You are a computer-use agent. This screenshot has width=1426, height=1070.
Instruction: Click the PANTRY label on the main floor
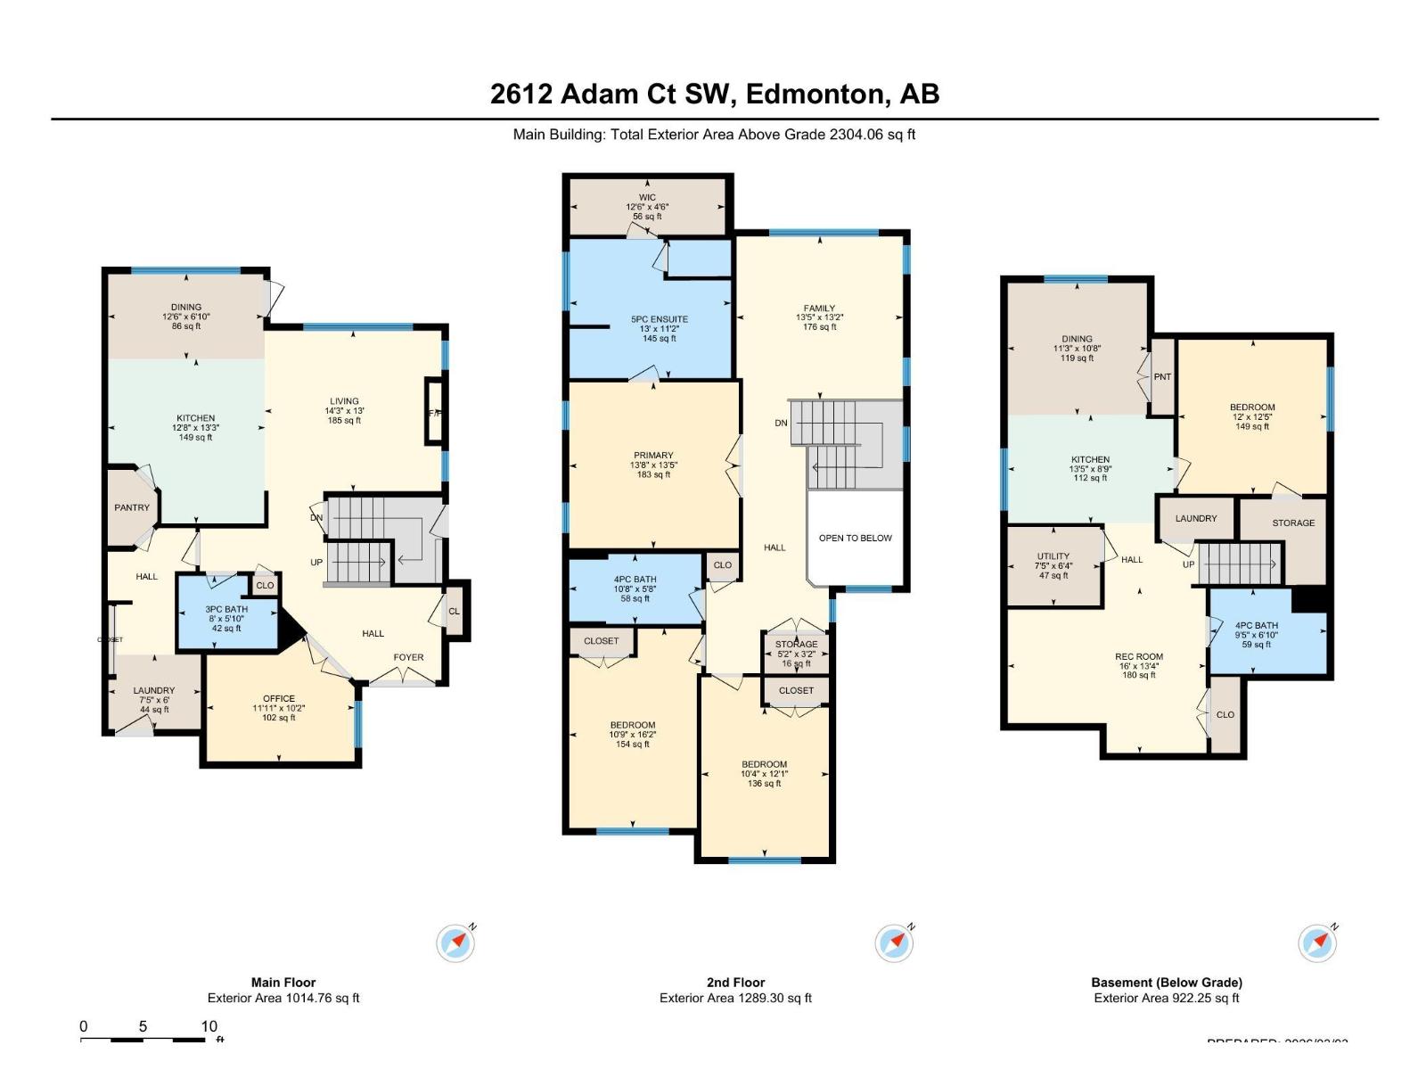point(132,507)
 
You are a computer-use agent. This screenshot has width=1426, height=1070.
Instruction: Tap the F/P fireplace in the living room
point(435,413)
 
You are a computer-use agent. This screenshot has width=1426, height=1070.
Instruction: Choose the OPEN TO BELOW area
point(855,538)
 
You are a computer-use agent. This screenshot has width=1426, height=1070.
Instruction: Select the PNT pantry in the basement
point(1162,376)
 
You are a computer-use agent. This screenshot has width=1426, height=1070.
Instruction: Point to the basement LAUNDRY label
point(1196,518)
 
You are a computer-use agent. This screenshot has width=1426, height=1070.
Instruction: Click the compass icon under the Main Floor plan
point(456,942)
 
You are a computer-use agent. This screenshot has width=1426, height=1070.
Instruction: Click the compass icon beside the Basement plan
point(1317,942)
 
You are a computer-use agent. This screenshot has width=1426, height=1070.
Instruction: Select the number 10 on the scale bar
point(209,1026)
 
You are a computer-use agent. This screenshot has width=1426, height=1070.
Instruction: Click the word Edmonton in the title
point(815,94)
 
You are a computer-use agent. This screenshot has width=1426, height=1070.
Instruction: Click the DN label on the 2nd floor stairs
point(781,423)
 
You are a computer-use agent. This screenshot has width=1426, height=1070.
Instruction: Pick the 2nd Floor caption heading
point(735,982)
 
